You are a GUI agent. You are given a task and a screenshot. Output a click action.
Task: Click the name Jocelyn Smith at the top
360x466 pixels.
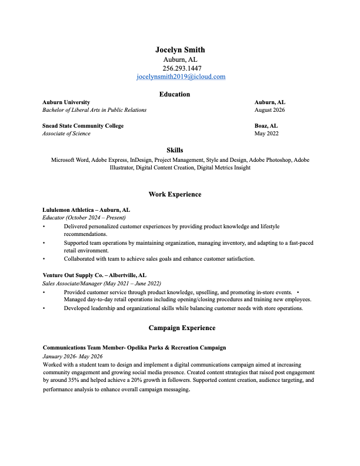pos(180,50)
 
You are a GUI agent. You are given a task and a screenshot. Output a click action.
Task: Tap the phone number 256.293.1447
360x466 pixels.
pos(181,68)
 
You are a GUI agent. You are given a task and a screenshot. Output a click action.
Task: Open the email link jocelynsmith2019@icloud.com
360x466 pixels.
pos(181,76)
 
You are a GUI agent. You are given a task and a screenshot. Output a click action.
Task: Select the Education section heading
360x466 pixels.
pos(175,94)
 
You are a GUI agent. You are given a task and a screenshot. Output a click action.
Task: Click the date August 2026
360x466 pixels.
pos(269,110)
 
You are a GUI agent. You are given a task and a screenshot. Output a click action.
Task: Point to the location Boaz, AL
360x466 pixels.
pos(266,126)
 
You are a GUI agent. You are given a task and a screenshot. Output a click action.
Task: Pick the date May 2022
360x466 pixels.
pos(266,134)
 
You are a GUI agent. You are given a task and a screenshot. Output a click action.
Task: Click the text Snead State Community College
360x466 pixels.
pos(83,126)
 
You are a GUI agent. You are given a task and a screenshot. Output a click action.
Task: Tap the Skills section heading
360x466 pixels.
pos(175,151)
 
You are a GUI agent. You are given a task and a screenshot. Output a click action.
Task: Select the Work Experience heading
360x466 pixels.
pos(175,194)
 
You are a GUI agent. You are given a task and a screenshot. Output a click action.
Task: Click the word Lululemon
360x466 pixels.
pos(56,209)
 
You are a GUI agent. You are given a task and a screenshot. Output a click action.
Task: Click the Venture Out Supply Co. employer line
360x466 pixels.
pos(94,275)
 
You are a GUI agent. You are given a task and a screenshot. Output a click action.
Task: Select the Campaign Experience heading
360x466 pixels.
pos(182,328)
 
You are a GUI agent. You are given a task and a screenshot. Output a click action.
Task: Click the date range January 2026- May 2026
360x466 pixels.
pos(72,357)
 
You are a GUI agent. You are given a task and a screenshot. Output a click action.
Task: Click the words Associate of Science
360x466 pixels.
pos(66,134)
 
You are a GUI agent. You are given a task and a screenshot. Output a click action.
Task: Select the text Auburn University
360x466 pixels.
pos(66,102)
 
